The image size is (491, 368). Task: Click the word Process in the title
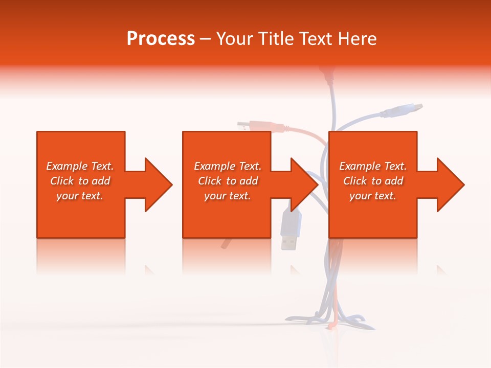coord(161,39)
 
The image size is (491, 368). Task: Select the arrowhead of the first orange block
coord(157,185)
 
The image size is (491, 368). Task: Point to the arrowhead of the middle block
coord(303,185)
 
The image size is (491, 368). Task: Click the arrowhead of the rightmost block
coord(449,185)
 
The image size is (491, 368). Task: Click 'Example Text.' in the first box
coord(80,166)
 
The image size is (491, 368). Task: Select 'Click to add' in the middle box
coord(228,181)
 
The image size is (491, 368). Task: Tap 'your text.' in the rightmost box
coord(373,196)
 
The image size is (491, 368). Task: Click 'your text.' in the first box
coord(80,196)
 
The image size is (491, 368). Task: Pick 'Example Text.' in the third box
coord(373,166)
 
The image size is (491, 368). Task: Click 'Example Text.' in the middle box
coord(228,166)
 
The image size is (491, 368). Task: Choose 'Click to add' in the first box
coord(80,181)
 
